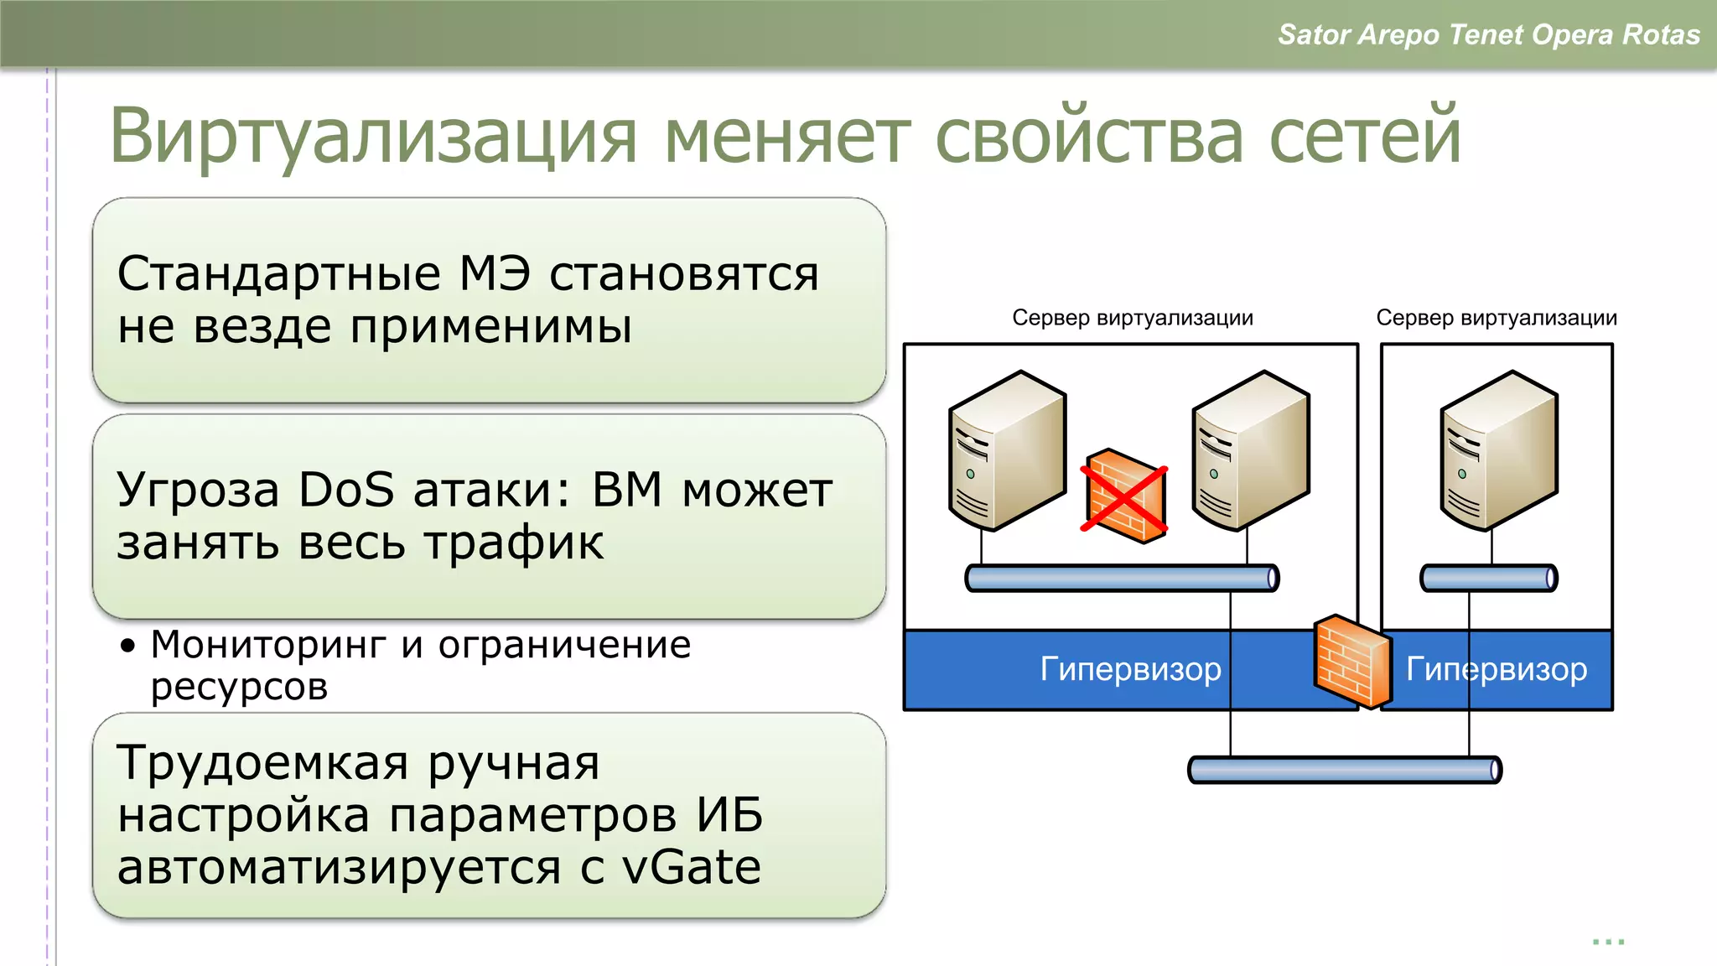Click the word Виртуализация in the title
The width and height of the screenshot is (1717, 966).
373,137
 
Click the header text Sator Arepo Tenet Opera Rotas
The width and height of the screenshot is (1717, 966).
1488,34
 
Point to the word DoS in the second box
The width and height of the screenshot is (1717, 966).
346,490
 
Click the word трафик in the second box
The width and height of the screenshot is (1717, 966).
513,543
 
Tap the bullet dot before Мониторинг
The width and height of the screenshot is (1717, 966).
127,646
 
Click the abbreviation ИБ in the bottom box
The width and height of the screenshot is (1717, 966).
729,815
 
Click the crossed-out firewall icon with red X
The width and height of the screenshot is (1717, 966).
1124,496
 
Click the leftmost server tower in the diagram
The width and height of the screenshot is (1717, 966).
1006,451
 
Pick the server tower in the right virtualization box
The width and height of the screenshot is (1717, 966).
1498,451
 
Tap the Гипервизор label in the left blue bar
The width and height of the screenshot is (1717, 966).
1130,669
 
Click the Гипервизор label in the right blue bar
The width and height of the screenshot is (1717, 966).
1497,669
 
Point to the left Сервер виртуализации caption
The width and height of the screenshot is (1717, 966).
1132,318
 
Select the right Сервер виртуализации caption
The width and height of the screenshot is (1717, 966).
1497,318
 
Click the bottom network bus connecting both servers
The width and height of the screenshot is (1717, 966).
1345,770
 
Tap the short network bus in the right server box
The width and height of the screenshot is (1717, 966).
1488,579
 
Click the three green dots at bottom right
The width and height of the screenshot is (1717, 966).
1608,943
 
